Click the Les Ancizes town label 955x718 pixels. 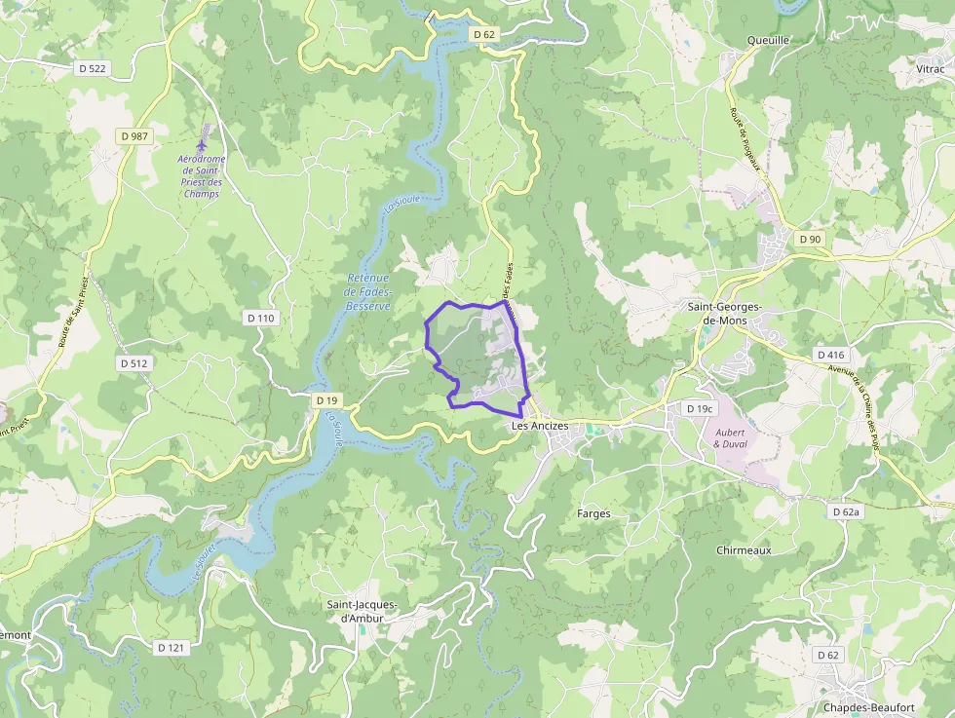tap(540, 426)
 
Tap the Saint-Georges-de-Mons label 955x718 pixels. tap(725, 313)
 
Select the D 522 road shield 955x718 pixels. tap(93, 68)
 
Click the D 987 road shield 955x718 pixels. tap(134, 136)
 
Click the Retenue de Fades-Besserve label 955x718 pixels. tap(367, 292)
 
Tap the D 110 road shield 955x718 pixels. tap(261, 318)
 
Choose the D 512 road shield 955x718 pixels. tap(135, 363)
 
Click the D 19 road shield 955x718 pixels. tap(326, 400)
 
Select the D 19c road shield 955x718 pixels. tap(700, 408)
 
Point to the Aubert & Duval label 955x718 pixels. tap(730, 437)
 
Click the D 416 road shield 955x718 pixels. tap(830, 355)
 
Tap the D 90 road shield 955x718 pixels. tap(810, 239)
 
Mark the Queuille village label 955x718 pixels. tap(767, 40)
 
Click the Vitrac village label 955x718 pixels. tap(930, 69)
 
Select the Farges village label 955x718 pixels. tap(593, 513)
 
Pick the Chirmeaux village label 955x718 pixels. tap(744, 550)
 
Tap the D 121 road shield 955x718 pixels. tap(171, 647)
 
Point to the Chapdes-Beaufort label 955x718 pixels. tap(868, 707)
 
